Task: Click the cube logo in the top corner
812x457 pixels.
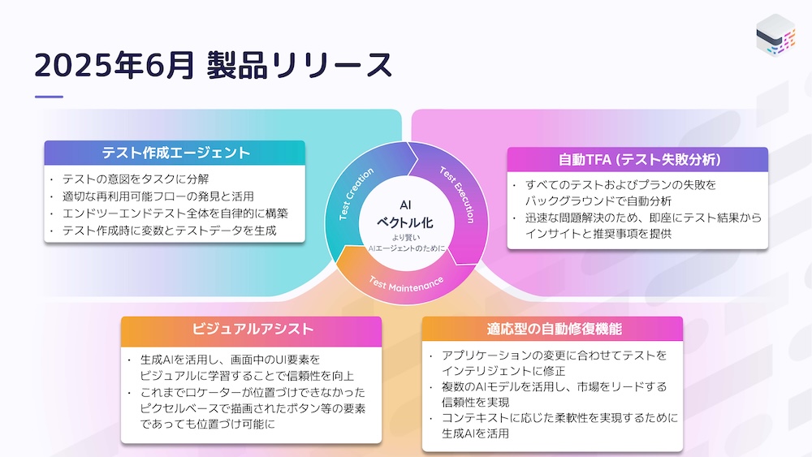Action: click(775, 35)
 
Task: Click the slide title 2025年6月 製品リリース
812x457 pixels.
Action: click(214, 65)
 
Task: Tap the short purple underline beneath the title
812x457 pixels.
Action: click(49, 97)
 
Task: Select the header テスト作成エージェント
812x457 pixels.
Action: click(175, 153)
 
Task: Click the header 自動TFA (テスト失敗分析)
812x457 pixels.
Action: click(639, 159)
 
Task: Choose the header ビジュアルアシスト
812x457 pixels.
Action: click(253, 330)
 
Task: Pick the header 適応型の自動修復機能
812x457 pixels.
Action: click(554, 330)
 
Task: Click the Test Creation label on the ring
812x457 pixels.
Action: click(356, 193)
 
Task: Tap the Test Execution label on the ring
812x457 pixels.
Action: click(458, 194)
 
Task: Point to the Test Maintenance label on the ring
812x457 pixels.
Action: click(406, 284)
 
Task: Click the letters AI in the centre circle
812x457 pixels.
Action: click(405, 205)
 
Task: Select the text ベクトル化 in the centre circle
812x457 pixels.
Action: click(405, 223)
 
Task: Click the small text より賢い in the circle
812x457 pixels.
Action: click(406, 238)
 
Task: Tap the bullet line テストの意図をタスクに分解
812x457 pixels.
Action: click(135, 179)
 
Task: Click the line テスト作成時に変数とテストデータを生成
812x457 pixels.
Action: click(170, 231)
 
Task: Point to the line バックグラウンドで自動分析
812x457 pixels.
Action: click(598, 200)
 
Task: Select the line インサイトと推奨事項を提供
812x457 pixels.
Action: click(598, 234)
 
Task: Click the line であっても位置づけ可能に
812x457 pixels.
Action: click(208, 424)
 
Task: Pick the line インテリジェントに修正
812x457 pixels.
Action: click(503, 371)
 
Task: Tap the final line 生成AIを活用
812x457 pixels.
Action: click(475, 433)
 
